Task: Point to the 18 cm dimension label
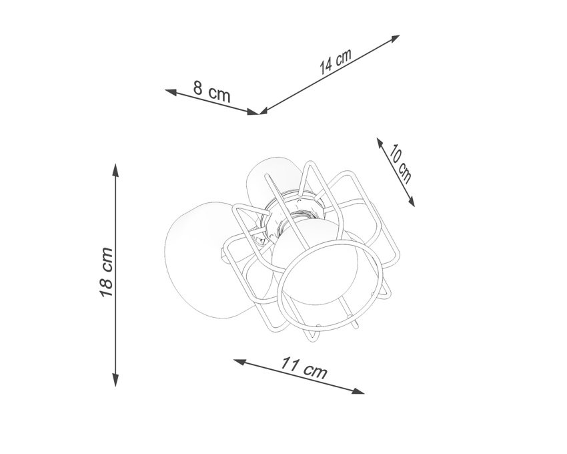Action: [106, 272]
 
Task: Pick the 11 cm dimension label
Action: [304, 367]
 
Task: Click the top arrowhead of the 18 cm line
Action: [115, 170]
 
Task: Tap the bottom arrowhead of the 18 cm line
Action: [115, 380]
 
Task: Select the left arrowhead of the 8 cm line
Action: [171, 92]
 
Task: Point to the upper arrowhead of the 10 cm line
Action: [380, 143]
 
